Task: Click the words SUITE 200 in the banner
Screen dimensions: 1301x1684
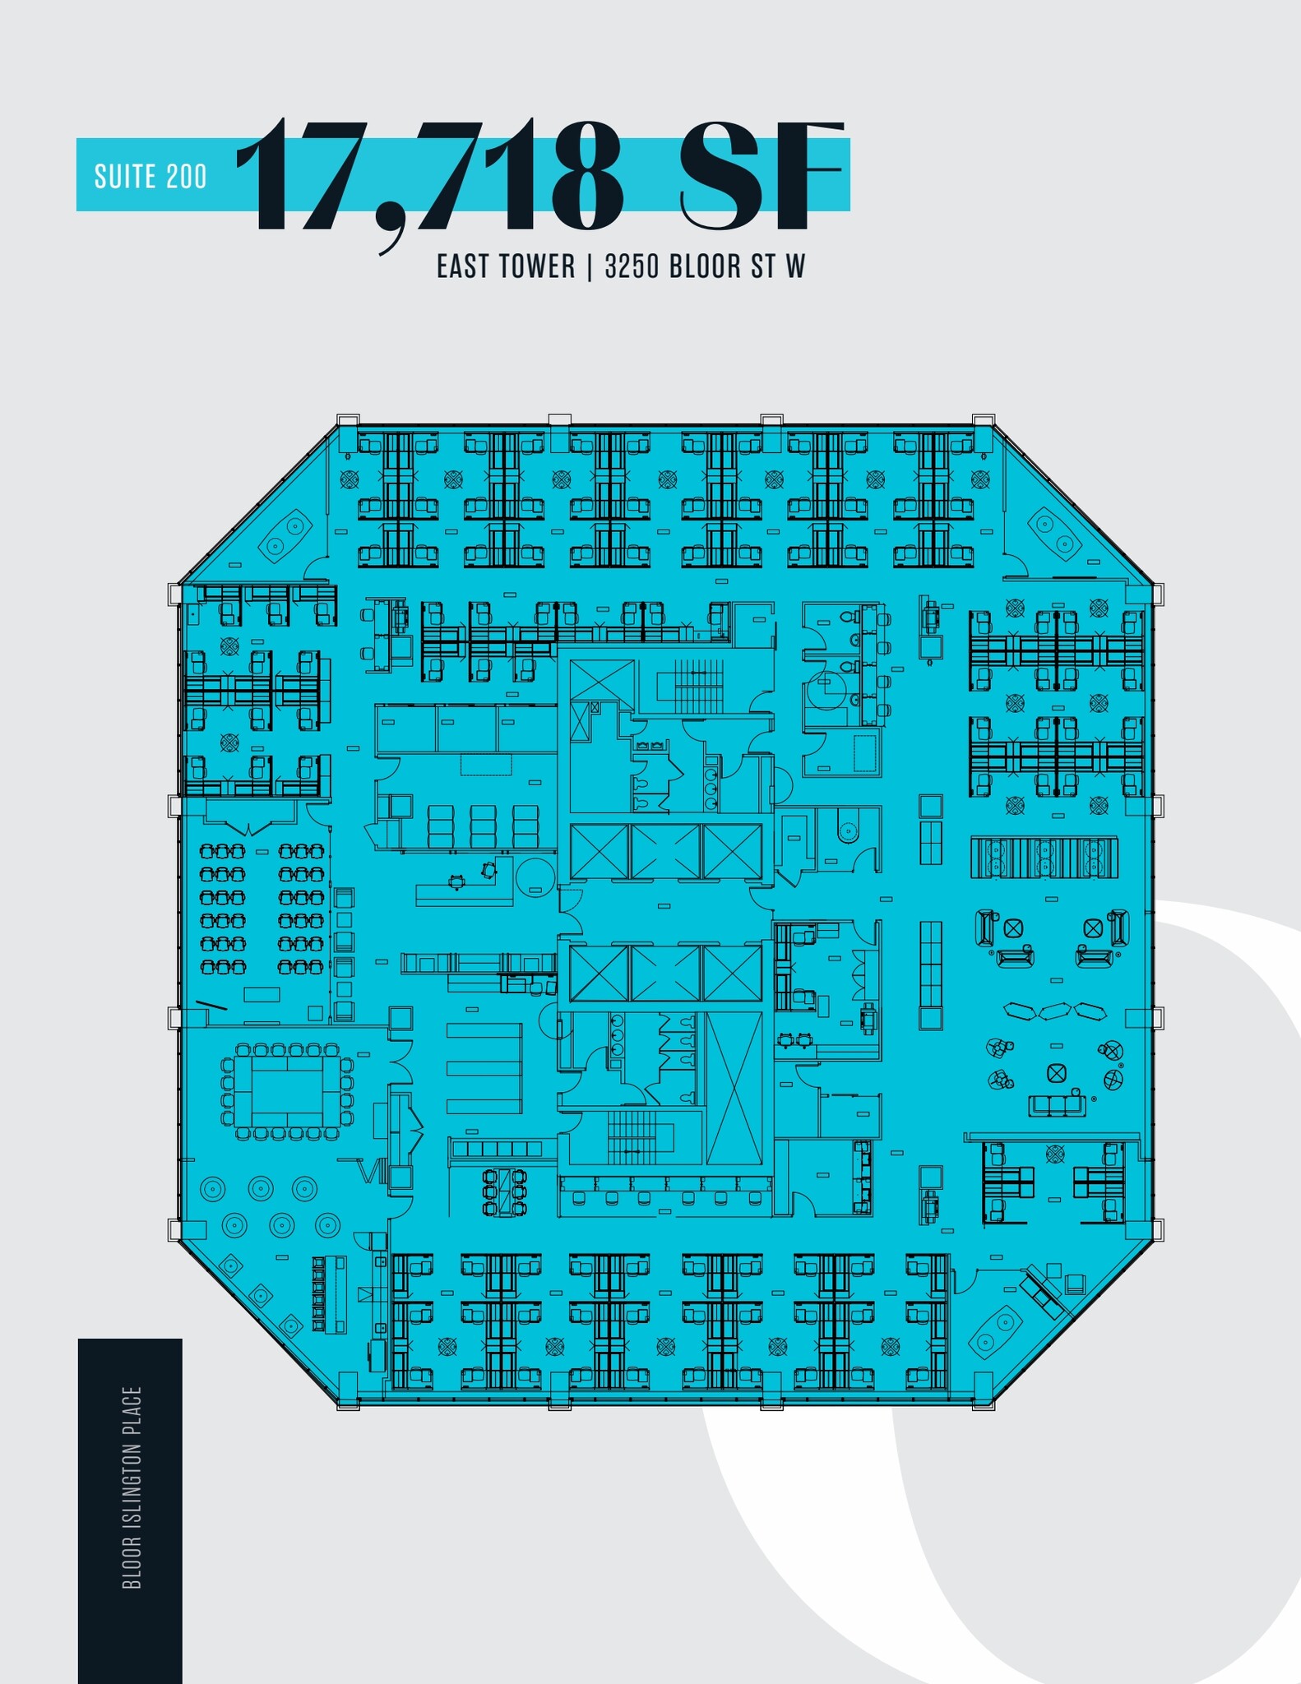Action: [x=150, y=177]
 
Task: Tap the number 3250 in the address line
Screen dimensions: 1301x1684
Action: [x=632, y=266]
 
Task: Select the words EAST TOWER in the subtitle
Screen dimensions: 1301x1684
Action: [x=506, y=266]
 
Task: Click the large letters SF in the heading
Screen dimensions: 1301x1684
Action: [x=762, y=176]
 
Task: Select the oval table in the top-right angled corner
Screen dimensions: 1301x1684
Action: [x=1054, y=533]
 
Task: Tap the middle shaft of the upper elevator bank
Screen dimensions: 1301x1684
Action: [x=666, y=851]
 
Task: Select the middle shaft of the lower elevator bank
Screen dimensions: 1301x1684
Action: [x=666, y=973]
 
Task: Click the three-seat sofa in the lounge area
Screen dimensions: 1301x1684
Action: [x=1057, y=1104]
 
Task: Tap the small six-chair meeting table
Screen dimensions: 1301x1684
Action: [x=504, y=1191]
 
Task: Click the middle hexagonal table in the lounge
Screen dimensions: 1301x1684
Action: [x=1056, y=1011]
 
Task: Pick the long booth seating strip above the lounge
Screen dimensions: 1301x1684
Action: [x=1044, y=858]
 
